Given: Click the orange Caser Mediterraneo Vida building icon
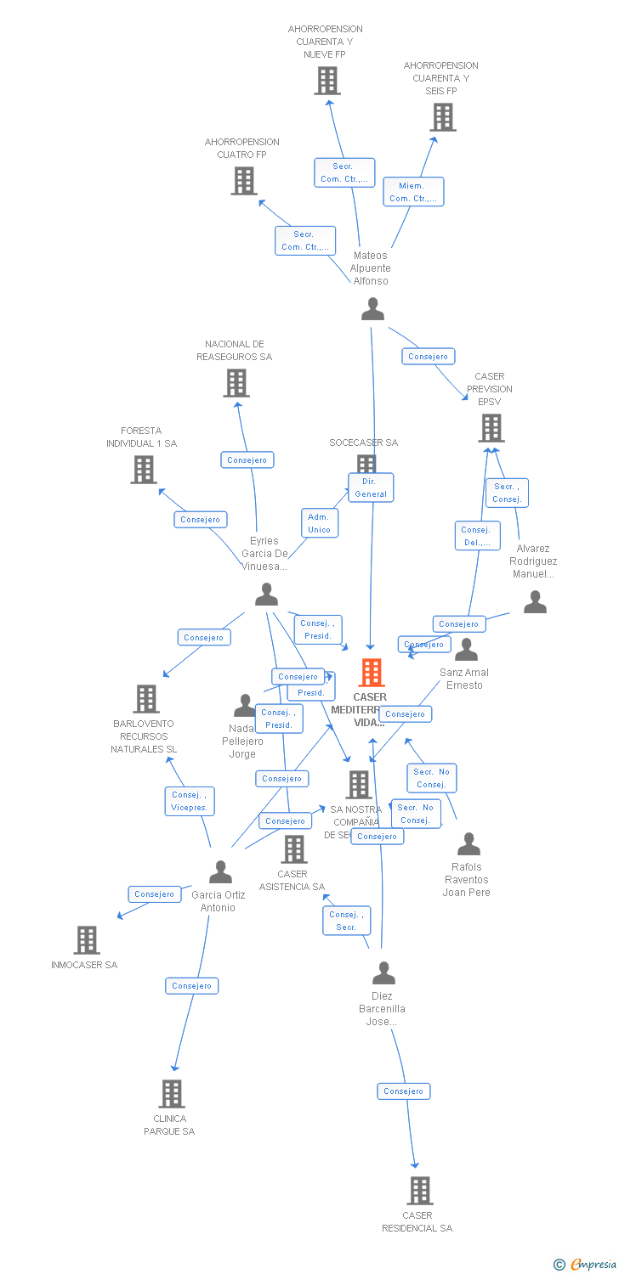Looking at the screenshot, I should (372, 673).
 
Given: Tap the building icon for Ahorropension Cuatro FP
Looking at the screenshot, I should (244, 181).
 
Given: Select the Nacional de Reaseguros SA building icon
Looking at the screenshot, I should (236, 383).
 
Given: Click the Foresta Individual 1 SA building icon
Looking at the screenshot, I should (144, 470).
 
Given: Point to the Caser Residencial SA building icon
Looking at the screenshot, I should (419, 1191).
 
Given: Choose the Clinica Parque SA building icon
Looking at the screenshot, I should (172, 1094).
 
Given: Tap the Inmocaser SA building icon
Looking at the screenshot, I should (87, 940).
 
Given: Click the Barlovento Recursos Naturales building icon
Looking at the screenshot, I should (146, 699).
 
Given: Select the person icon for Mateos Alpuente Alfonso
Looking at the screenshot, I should (372, 309).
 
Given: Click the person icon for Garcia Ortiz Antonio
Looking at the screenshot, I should (220, 872).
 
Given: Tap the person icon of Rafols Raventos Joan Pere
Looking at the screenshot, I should (469, 844).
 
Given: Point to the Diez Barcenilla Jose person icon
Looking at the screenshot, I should (383, 972).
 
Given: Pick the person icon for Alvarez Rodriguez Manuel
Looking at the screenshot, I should (535, 602).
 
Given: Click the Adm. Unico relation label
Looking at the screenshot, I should (319, 523).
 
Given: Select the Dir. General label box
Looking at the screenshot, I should (371, 488).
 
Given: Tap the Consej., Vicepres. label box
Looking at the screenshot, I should (190, 801).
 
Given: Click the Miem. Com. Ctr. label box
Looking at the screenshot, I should (413, 192).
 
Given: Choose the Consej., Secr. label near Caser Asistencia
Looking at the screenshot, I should (346, 921).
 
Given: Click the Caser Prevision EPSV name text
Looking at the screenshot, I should (490, 389).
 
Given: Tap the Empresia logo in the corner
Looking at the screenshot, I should (586, 1265).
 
